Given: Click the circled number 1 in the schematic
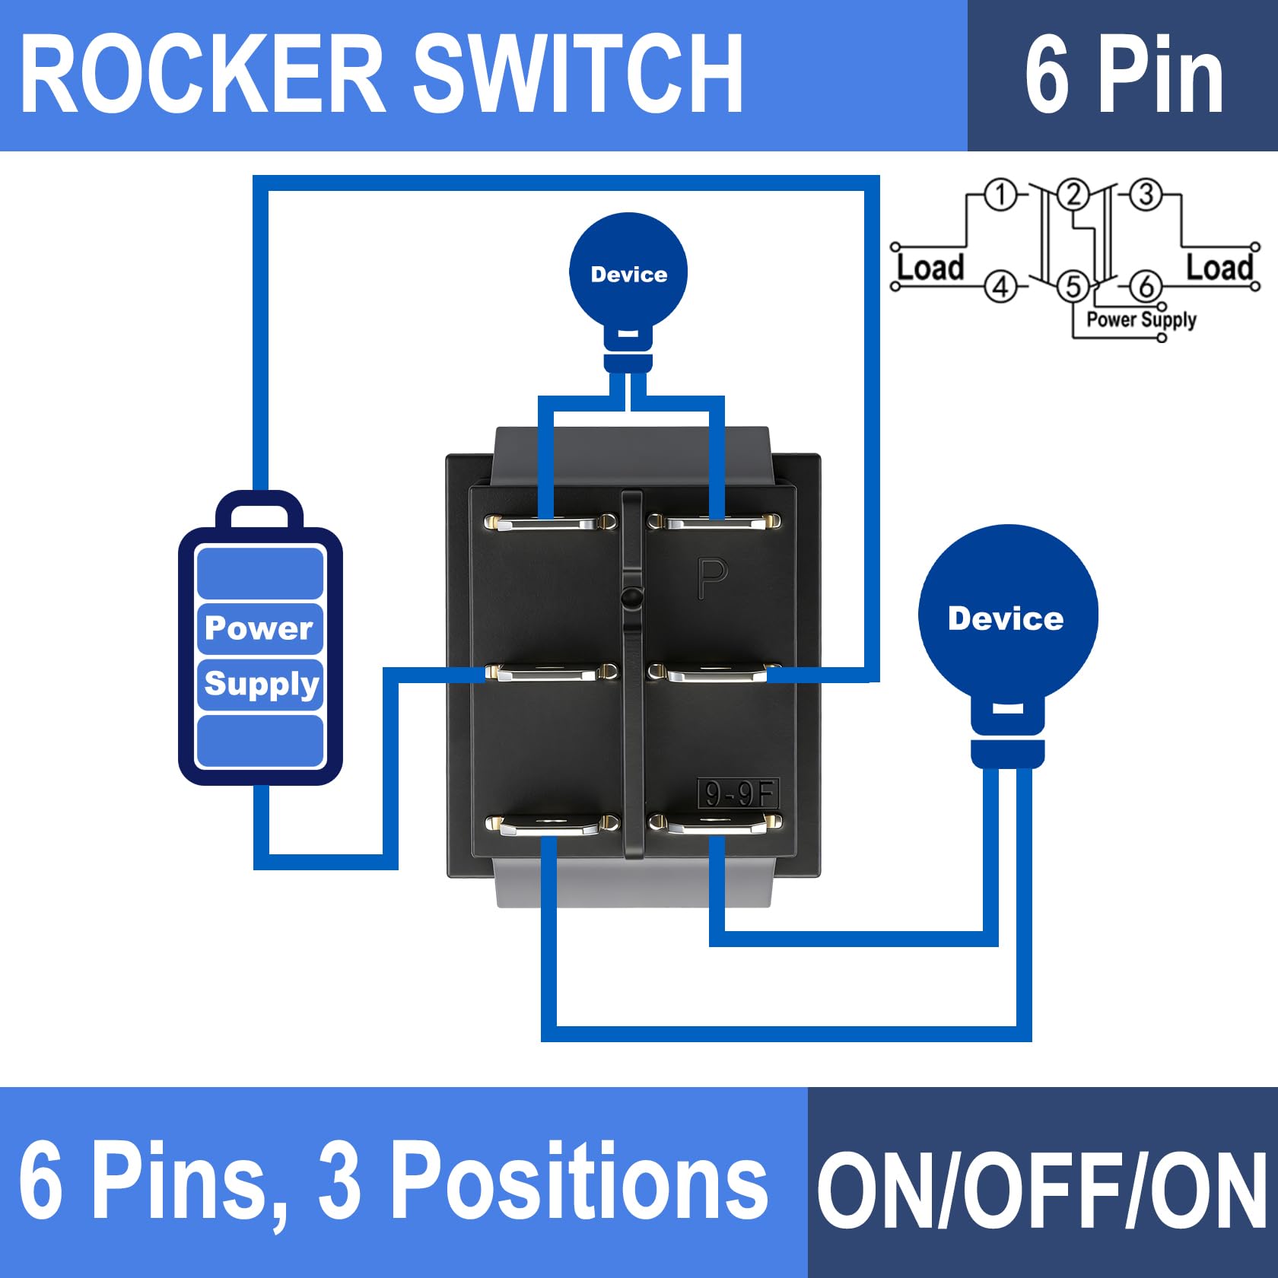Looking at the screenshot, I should pos(1001,195).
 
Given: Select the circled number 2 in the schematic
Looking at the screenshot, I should pos(1073,195).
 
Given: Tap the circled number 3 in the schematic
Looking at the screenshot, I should pos(1146,195).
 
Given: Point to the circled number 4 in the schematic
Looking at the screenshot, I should pos(1001,287).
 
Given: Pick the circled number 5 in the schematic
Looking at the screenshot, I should pos(1073,287).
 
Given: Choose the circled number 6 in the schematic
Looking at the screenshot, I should pos(1146,287).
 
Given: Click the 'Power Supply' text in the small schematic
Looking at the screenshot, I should pos(1141,319).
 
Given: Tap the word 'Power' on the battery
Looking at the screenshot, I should pos(259,628).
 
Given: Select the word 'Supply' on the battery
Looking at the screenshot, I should pos(261,684).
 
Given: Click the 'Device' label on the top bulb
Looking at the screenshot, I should pos(629,275).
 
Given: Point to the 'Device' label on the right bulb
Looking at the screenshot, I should pos(1006,618).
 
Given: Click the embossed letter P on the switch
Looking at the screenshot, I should pos(713,578).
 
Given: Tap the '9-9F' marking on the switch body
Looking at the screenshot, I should pos(738,794).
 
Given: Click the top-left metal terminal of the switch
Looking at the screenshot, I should pos(550,523).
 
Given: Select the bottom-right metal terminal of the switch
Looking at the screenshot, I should pos(714,823).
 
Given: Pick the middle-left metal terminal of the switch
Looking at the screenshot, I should pos(550,672).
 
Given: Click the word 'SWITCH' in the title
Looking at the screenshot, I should pos(578,75).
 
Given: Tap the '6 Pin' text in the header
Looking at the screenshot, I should pos(1124,75).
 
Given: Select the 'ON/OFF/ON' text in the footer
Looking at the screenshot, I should pos(1042,1190).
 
